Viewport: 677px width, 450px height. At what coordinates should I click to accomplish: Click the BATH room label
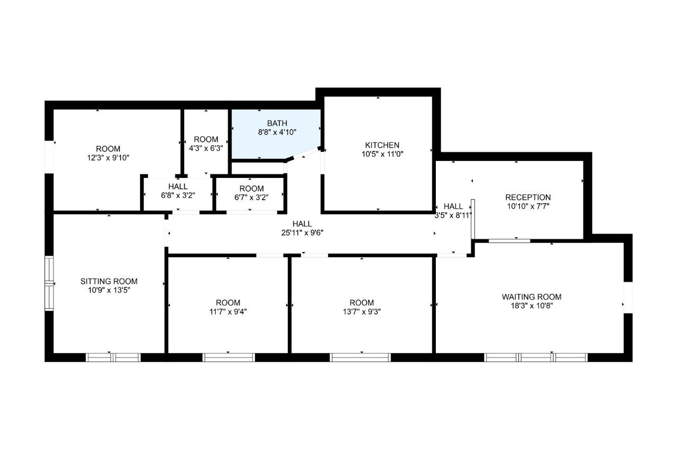click(x=277, y=123)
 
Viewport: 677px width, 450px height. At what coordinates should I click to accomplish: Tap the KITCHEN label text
click(x=382, y=145)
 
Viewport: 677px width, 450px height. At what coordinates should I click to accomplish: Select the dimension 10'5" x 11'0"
click(x=382, y=154)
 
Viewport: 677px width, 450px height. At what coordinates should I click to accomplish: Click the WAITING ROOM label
click(x=532, y=296)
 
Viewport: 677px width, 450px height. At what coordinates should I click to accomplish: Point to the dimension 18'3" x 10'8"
click(x=532, y=305)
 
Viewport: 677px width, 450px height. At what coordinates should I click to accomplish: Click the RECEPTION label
click(x=528, y=197)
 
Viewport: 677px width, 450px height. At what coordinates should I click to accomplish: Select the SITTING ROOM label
click(x=109, y=281)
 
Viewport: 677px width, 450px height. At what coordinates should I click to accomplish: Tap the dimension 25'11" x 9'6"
click(x=302, y=232)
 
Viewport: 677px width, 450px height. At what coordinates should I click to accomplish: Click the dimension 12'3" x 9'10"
click(x=108, y=158)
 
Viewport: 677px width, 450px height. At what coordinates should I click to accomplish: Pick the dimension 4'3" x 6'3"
click(x=206, y=148)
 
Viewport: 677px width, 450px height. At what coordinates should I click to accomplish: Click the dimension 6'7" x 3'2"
click(x=251, y=197)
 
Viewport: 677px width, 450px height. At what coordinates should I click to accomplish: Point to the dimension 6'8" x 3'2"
click(x=178, y=195)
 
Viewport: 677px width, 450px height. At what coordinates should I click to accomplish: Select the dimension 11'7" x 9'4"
click(x=228, y=311)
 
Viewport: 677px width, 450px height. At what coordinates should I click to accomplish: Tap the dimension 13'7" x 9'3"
click(x=362, y=311)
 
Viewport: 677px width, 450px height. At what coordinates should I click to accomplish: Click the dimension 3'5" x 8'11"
click(x=453, y=215)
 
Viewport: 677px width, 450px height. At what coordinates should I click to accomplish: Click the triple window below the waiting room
click(x=536, y=357)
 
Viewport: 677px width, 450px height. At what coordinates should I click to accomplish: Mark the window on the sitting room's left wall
click(x=49, y=283)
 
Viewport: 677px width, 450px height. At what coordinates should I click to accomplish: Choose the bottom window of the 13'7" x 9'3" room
click(x=360, y=357)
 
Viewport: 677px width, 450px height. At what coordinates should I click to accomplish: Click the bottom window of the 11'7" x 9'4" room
click(x=228, y=357)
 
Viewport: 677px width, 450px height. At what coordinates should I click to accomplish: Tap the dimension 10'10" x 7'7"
click(x=528, y=206)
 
